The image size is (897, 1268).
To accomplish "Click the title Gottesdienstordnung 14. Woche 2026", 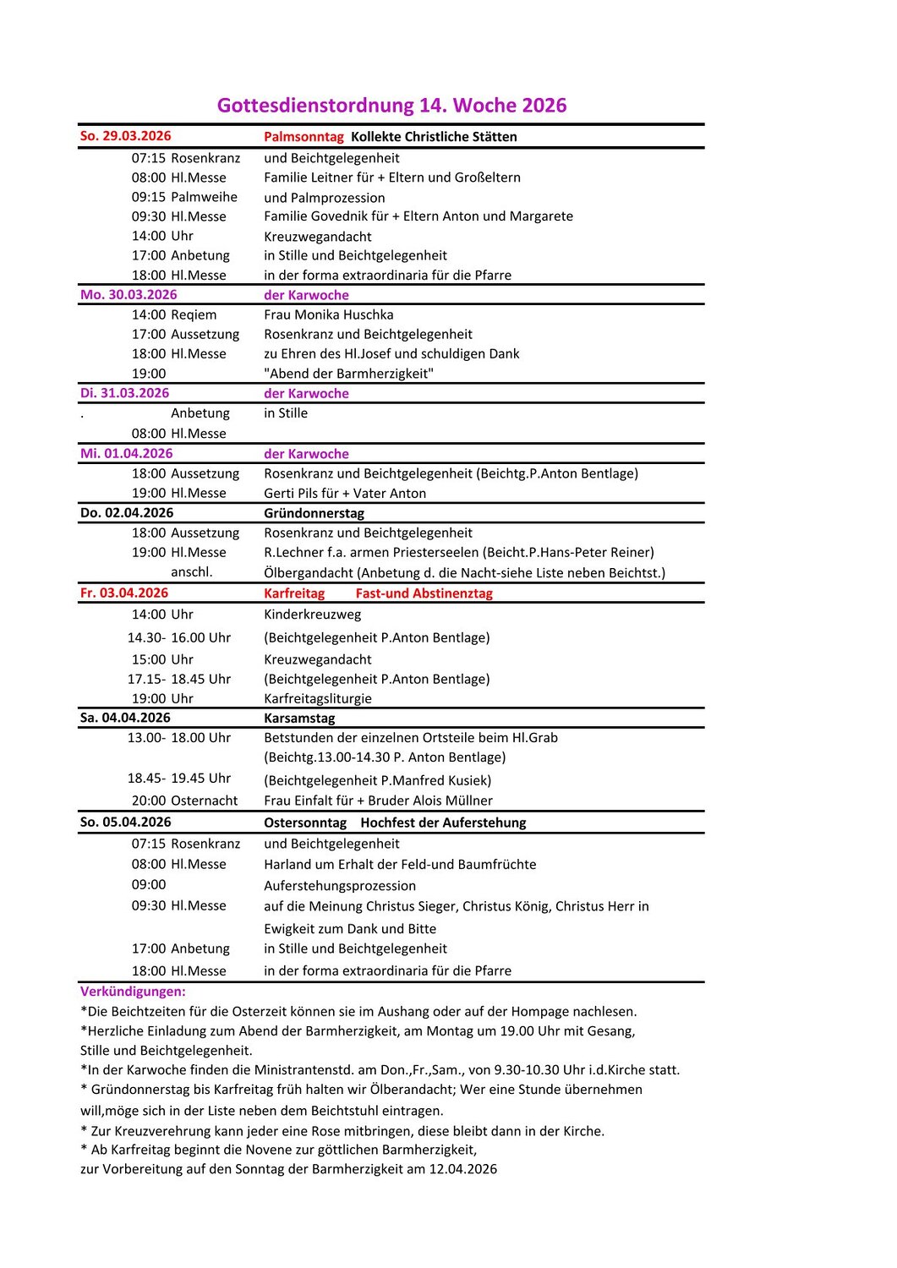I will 391,106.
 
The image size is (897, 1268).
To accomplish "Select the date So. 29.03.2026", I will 125,136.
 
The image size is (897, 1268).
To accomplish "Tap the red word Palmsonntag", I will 304,137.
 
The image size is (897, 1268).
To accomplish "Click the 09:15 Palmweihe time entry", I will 184,197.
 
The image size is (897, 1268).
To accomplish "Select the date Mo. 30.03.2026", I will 129,295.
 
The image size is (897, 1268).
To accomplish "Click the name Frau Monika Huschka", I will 328,314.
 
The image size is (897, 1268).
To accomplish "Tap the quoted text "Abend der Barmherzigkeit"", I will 348,374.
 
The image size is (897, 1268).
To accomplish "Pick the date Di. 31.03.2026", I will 124,393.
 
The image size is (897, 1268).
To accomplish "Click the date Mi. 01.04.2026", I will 126,454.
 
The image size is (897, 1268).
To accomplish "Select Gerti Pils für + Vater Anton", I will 345,494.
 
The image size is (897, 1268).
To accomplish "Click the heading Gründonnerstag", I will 314,513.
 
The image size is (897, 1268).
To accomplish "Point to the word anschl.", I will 192,572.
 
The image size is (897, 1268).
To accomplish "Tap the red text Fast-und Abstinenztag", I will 424,593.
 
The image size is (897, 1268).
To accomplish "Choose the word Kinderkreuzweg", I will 312,615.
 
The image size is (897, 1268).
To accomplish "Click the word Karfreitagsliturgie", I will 317,699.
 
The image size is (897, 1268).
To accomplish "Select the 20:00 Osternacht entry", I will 184,801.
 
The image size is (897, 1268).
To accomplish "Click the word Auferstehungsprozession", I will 339,886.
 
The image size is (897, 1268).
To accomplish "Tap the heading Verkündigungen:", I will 133,992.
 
